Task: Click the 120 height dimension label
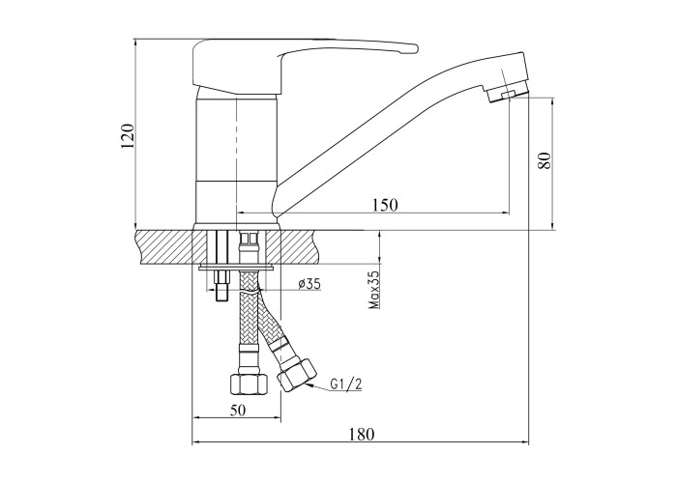click(129, 136)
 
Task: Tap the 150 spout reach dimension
click(385, 205)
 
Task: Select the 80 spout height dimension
click(545, 160)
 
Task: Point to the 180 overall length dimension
click(362, 434)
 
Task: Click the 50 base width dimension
click(238, 411)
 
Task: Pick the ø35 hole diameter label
click(309, 283)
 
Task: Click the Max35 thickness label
click(374, 290)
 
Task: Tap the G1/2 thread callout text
click(346, 384)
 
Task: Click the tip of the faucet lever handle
click(417, 48)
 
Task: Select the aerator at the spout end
click(508, 93)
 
